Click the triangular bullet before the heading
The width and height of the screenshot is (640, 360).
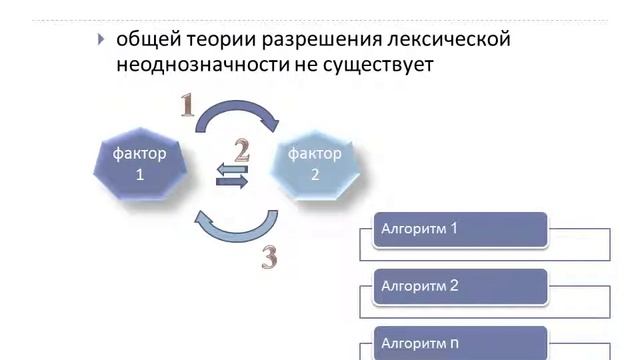[x=100, y=40]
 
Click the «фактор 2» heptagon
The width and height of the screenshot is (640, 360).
[x=315, y=164]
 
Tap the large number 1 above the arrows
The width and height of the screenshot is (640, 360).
[x=187, y=105]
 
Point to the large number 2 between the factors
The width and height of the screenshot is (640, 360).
[x=242, y=151]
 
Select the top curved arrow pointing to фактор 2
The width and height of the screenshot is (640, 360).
[x=236, y=112]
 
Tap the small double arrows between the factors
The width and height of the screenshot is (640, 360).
[x=232, y=176]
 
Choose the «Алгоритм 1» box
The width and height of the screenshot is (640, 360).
[x=459, y=229]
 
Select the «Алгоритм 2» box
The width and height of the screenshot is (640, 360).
[x=459, y=286]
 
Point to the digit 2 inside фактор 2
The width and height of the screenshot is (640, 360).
[x=315, y=174]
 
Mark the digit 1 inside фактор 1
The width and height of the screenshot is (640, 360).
[x=140, y=174]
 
